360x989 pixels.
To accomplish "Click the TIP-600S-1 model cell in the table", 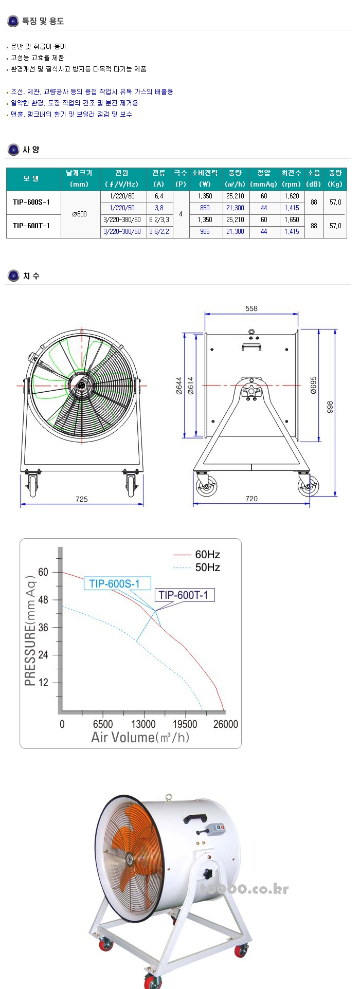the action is [x=31, y=202].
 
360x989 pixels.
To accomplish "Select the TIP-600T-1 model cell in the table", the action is [x=31, y=226].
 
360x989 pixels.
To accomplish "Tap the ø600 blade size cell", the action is [x=79, y=214].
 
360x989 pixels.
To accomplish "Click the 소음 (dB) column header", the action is [x=314, y=178].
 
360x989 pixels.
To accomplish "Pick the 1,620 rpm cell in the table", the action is [x=292, y=196].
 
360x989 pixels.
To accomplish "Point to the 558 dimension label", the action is [x=251, y=308].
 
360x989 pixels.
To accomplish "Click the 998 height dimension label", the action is [x=330, y=407].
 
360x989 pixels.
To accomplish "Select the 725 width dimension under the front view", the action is [x=81, y=499].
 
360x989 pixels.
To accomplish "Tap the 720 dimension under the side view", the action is [x=251, y=499].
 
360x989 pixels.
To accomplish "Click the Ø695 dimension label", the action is [x=314, y=385].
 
